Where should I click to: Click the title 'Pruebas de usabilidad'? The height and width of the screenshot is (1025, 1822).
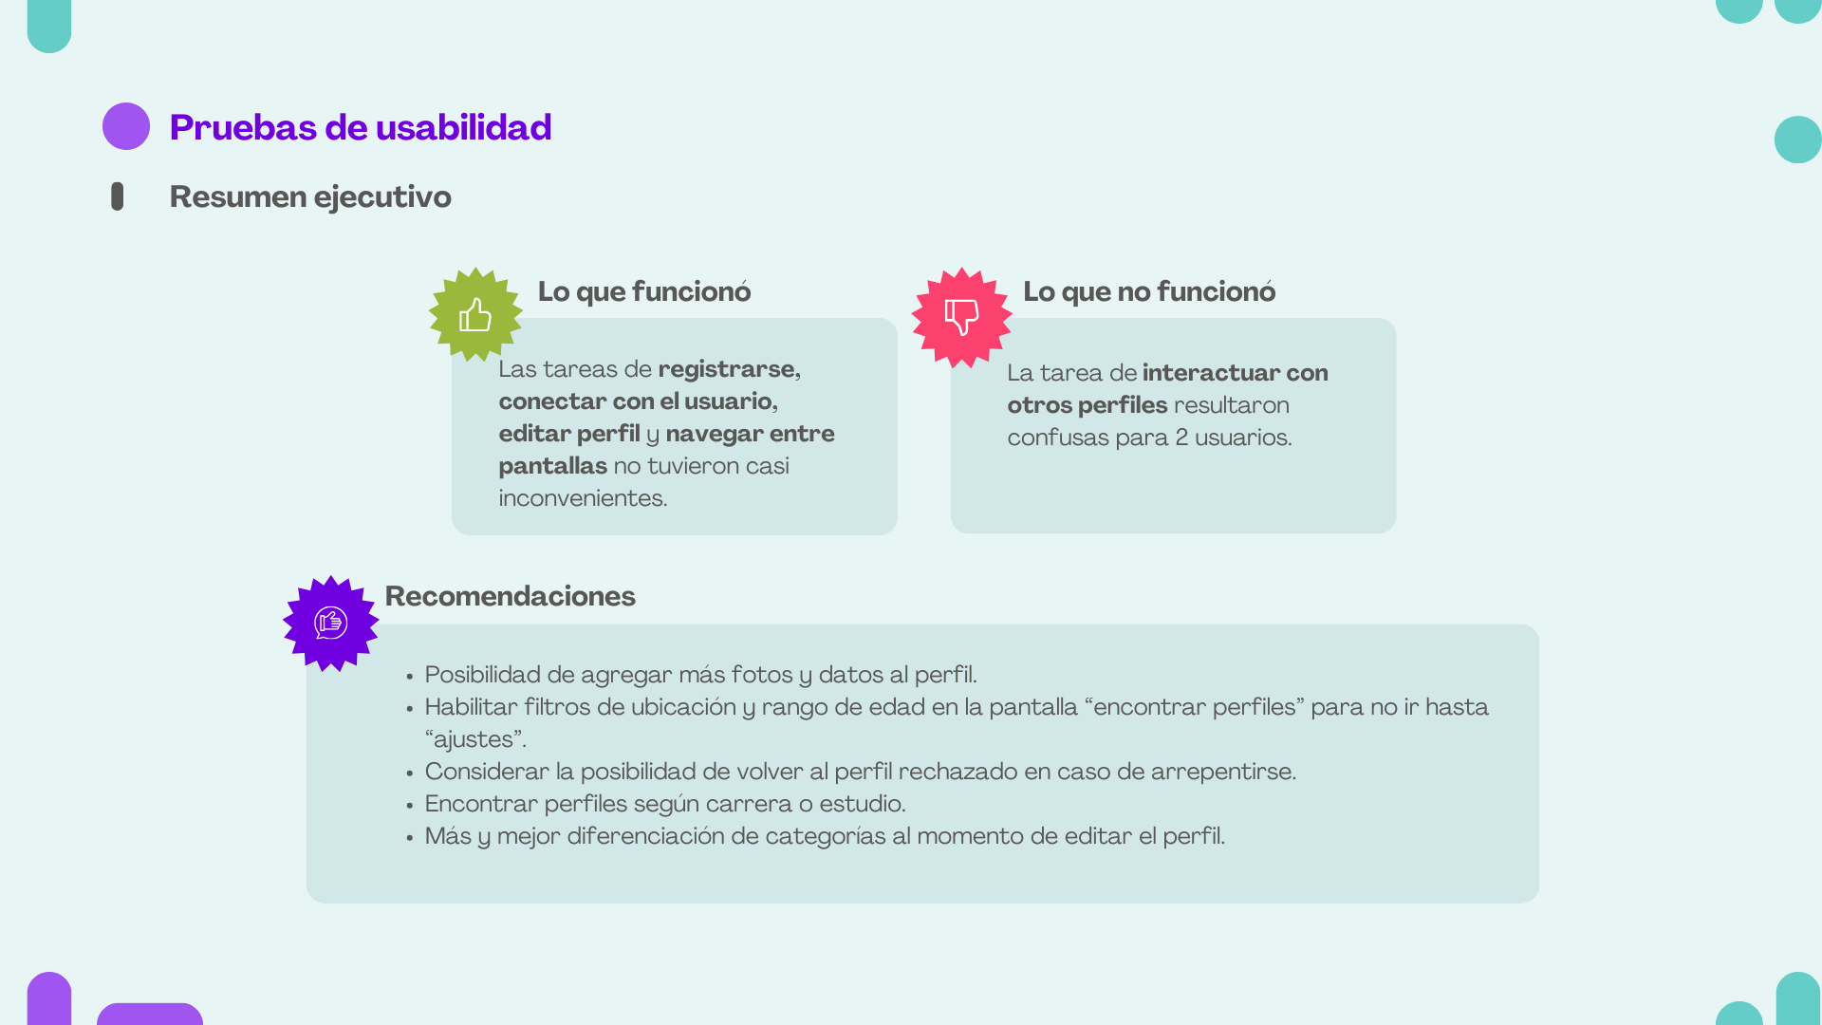tap(361, 128)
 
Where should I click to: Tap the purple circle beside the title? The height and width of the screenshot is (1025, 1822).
tap(126, 126)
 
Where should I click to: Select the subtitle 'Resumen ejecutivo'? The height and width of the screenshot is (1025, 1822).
tap(310, 197)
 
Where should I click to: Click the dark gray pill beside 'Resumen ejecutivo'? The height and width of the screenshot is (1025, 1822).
tap(118, 196)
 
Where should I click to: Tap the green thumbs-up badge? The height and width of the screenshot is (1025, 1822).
tap(475, 315)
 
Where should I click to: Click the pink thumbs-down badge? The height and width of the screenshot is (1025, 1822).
tap(961, 317)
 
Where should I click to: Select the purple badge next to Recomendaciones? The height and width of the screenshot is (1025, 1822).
tap(331, 624)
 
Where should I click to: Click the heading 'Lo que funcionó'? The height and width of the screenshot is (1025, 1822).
tap(644, 292)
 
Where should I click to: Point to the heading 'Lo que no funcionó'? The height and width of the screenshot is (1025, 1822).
tap(1149, 292)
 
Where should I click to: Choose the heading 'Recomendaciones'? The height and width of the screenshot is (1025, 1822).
tap(511, 597)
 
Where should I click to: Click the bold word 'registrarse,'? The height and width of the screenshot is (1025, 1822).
tap(729, 370)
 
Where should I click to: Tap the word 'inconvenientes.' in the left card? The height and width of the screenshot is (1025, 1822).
tap(583, 499)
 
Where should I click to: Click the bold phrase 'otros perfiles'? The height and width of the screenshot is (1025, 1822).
tap(1088, 406)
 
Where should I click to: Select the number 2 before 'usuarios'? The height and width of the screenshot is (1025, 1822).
tap(1181, 438)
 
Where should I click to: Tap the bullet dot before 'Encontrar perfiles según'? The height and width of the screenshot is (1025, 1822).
tap(410, 807)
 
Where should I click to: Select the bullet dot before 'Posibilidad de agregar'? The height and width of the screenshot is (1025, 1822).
tap(410, 678)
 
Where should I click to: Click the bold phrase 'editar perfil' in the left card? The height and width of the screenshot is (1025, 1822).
tap(569, 435)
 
